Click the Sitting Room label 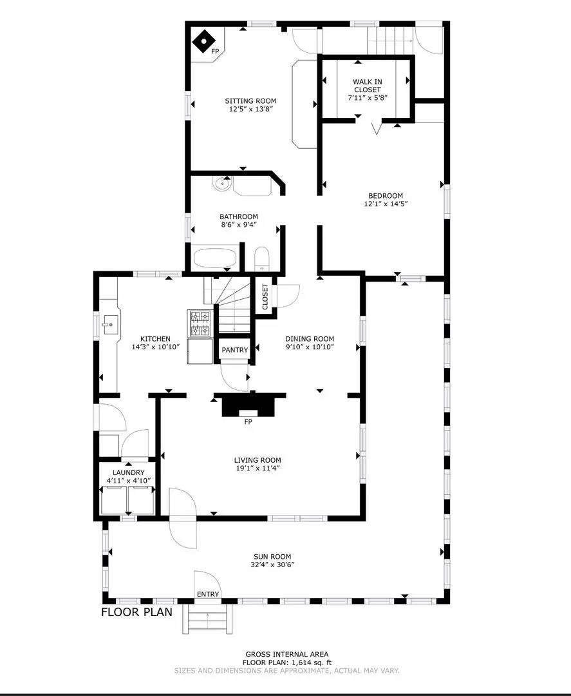click(x=250, y=101)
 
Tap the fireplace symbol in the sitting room click(x=203, y=43)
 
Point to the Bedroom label click(x=385, y=196)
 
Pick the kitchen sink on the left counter click(x=108, y=322)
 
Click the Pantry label click(x=234, y=350)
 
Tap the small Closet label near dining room click(x=265, y=297)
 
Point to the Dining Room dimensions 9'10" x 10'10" click(x=310, y=347)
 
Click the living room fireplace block click(x=248, y=406)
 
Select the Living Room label click(x=257, y=460)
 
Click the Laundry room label click(x=128, y=472)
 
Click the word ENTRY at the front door click(x=208, y=594)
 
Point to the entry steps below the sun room click(x=208, y=620)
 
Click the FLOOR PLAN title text click(x=136, y=612)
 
